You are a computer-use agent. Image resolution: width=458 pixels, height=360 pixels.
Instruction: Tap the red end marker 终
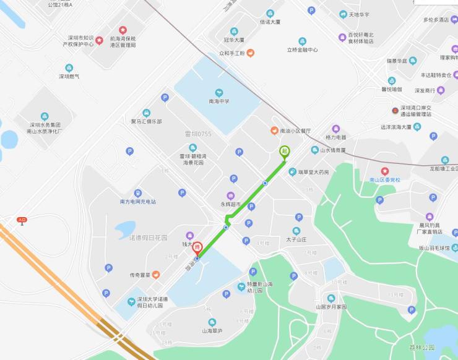[197, 248]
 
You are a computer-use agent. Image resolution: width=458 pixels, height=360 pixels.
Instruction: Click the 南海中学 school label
[218, 101]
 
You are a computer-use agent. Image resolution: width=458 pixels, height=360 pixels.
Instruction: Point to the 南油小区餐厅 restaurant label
[295, 131]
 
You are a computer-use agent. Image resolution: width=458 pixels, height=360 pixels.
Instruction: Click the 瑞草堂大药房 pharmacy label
[313, 172]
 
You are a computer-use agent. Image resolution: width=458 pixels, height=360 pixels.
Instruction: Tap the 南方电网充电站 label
[137, 201]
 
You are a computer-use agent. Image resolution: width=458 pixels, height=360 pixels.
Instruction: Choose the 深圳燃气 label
[69, 76]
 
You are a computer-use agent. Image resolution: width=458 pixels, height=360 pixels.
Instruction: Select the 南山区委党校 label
[385, 179]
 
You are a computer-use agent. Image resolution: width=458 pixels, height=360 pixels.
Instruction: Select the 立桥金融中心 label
[302, 49]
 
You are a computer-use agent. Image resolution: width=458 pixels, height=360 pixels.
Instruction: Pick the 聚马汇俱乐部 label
[146, 121]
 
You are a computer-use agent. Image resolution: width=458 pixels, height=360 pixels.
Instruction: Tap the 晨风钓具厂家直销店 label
[430, 228]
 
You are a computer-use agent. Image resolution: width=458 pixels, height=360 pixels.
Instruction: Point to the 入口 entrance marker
[22, 220]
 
